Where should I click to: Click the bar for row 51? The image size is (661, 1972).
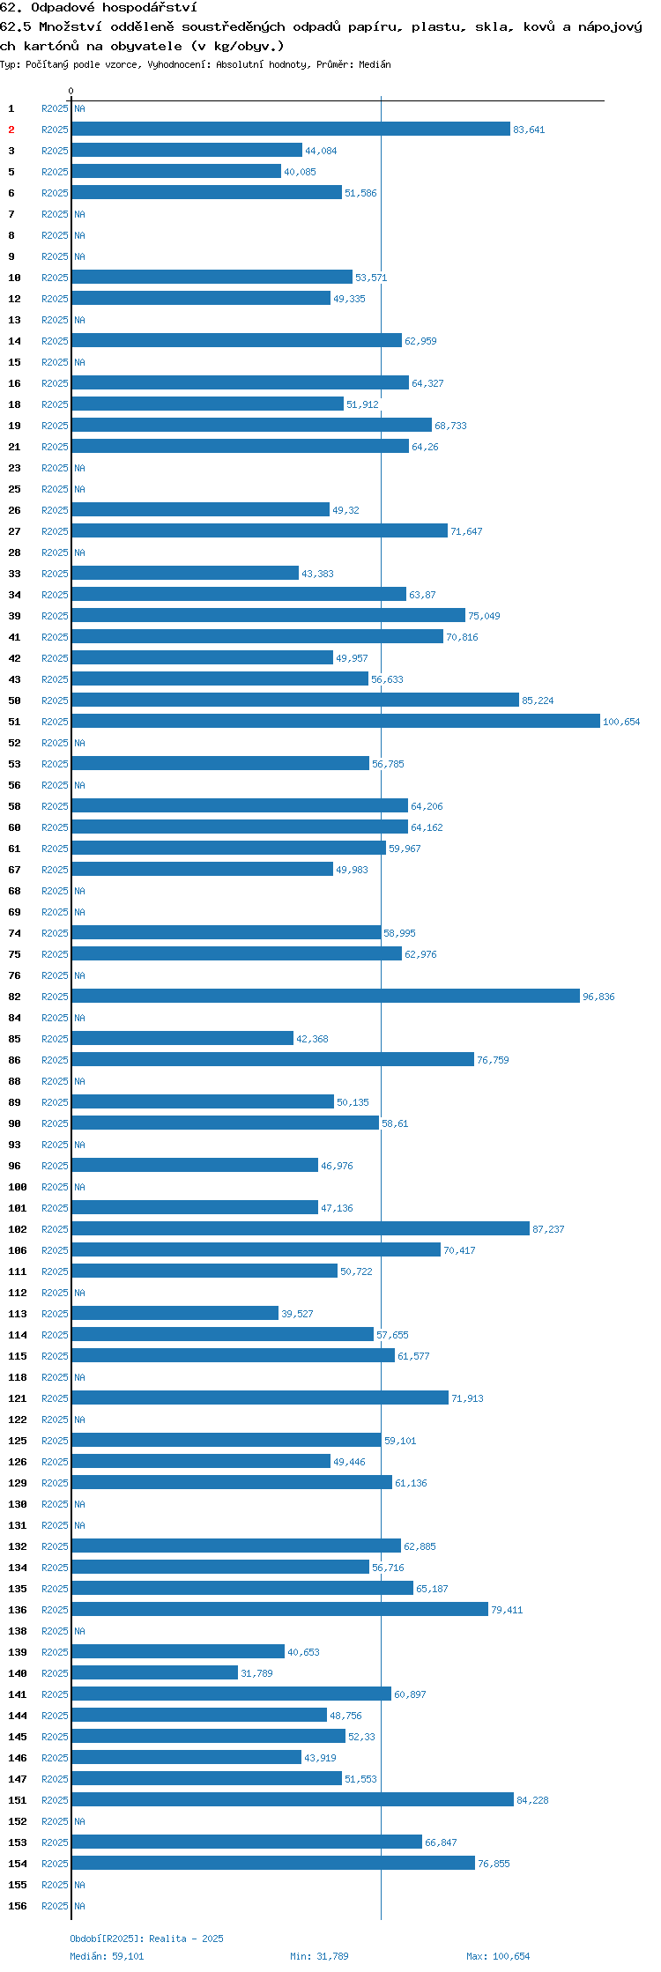click(x=336, y=721)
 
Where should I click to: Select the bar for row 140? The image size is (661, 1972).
click(x=155, y=1672)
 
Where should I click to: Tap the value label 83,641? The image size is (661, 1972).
click(x=529, y=130)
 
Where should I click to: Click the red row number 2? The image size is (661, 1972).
click(x=11, y=130)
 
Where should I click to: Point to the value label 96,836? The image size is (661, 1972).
click(x=598, y=997)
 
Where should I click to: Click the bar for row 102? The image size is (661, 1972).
click(x=301, y=1228)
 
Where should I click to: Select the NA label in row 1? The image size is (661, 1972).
click(x=79, y=108)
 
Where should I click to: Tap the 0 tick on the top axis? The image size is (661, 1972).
click(x=71, y=91)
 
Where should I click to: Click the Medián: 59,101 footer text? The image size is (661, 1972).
click(x=107, y=1956)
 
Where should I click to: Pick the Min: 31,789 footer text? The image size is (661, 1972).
click(x=319, y=1956)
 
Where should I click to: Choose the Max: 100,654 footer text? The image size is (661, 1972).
click(x=498, y=1956)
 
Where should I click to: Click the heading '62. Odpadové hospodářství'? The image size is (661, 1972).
click(x=99, y=8)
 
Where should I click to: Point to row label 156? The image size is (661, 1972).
click(x=18, y=1906)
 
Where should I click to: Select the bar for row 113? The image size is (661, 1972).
click(x=175, y=1313)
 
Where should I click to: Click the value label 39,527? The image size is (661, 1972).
click(x=297, y=1314)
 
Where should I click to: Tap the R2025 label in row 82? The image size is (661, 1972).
click(x=55, y=997)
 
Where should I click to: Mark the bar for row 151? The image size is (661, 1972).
click(x=293, y=1799)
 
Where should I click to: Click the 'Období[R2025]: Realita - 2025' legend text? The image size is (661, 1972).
click(x=146, y=1939)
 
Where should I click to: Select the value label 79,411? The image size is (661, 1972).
click(x=507, y=1610)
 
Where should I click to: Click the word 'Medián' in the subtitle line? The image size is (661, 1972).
click(x=375, y=64)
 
